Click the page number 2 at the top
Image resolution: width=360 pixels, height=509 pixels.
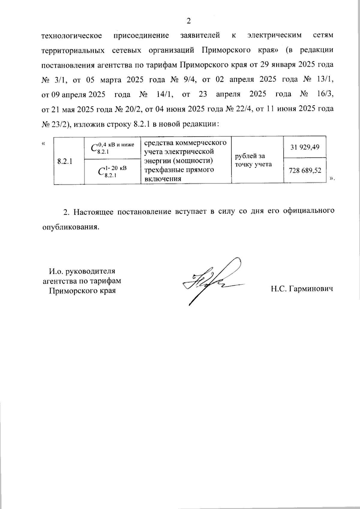click(x=188, y=21)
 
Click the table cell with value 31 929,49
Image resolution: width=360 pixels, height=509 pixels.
click(x=305, y=147)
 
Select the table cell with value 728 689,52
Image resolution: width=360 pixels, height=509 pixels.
click(x=305, y=171)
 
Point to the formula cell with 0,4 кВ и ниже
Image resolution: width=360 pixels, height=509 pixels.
click(x=112, y=148)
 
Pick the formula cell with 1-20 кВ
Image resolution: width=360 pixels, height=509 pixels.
click(x=112, y=171)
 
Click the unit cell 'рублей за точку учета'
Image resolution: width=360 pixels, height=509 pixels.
click(x=250, y=160)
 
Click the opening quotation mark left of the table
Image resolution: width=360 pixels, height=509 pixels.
click(x=44, y=143)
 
